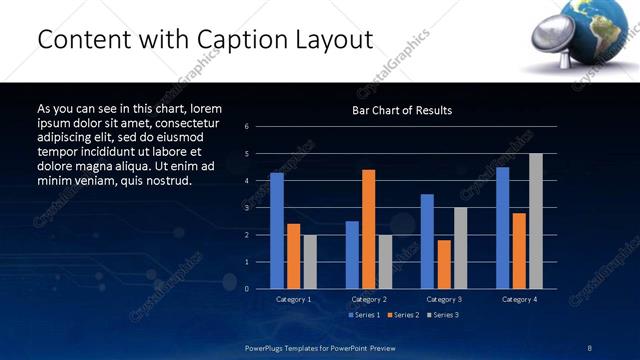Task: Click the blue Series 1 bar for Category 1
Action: [x=277, y=231]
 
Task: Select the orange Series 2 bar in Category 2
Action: [x=369, y=229]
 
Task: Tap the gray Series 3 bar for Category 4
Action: [x=536, y=221]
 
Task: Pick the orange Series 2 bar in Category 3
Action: [x=444, y=264]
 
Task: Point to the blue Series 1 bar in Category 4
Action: [x=502, y=228]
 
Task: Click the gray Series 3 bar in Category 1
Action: [x=310, y=262]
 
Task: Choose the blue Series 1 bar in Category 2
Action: [x=352, y=255]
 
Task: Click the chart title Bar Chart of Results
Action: [x=402, y=110]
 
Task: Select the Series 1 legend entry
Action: [x=364, y=315]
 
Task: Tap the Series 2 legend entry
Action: [x=402, y=315]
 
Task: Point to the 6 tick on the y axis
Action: [x=246, y=127]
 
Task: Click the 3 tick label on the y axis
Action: [x=246, y=208]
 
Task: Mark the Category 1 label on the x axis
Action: [x=293, y=299]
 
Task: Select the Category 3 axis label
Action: [x=443, y=299]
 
